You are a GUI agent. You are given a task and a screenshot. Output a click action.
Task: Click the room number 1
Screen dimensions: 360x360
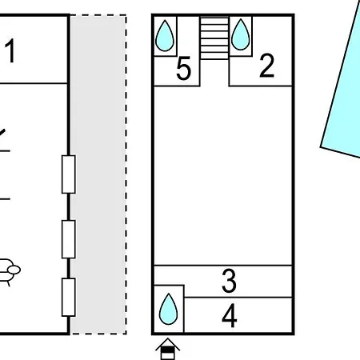click(10, 50)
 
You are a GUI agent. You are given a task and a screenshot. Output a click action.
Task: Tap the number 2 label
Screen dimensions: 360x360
click(266, 66)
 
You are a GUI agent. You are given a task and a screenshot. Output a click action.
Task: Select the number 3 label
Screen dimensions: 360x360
click(229, 281)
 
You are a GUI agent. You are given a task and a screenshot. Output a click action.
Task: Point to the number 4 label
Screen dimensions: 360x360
click(230, 316)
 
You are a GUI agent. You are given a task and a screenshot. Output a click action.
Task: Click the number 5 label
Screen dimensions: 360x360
click(184, 68)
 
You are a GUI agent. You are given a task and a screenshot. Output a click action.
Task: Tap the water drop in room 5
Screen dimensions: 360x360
click(165, 36)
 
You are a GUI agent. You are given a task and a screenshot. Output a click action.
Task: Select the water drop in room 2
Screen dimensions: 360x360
click(241, 34)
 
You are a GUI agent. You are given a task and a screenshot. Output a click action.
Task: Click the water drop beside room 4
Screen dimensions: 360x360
click(168, 309)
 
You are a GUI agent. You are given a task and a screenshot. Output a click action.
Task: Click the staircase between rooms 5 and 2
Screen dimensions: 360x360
click(214, 38)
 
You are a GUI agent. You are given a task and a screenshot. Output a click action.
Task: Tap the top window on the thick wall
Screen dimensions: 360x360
click(69, 174)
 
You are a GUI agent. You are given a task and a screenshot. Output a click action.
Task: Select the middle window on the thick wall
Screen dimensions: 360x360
click(69, 239)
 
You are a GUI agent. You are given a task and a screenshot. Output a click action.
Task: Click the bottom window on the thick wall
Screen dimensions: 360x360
click(69, 297)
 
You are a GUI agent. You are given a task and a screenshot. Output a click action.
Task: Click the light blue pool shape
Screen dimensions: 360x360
click(344, 88)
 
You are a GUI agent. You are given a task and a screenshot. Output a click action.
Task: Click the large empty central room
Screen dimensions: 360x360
click(223, 175)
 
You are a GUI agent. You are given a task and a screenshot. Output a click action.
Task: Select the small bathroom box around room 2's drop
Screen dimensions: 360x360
click(241, 36)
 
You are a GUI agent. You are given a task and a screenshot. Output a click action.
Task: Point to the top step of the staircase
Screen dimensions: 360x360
click(214, 22)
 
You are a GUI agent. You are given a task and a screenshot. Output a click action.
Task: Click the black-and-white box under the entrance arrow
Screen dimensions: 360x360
click(168, 353)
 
